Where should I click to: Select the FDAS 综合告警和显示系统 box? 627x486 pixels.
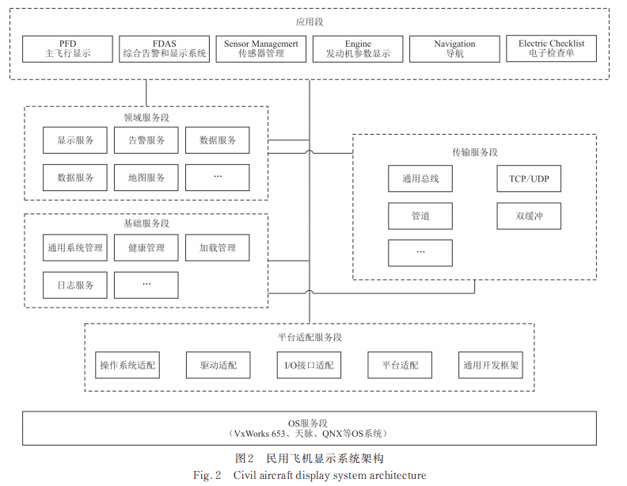point(165,49)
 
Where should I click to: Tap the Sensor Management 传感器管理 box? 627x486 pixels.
point(261,49)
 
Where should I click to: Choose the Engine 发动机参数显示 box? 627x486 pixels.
point(358,49)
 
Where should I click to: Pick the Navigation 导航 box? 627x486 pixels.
point(454,49)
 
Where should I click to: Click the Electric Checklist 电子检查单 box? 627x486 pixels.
point(551,49)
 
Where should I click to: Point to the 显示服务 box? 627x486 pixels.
point(75,140)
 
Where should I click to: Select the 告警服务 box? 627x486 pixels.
point(146,140)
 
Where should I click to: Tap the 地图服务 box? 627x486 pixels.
point(146,178)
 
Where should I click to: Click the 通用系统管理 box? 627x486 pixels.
point(75,247)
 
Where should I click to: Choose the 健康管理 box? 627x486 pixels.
point(146,247)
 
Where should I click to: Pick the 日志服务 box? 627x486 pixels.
point(75,285)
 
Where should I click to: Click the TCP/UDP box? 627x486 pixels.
point(529,178)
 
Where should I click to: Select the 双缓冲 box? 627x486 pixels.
point(529,216)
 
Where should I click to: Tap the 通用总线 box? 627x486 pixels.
point(420,178)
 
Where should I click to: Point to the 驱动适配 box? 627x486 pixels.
point(218,365)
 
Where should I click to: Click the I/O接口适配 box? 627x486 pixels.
point(309,365)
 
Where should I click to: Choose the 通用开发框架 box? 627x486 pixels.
point(491,365)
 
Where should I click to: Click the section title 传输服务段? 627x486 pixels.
point(475,151)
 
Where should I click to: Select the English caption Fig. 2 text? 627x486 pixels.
point(310,476)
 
